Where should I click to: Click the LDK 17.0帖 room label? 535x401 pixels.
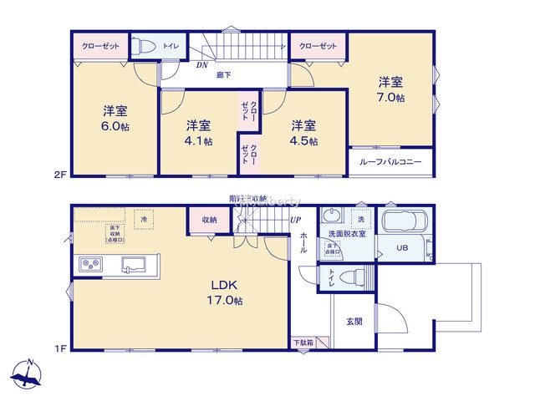tap(227, 292)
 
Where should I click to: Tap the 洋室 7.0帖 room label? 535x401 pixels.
tap(390, 89)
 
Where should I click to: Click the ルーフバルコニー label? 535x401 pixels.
tap(391, 162)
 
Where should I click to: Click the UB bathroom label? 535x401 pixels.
tap(402, 247)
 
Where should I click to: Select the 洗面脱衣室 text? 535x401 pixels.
tap(344, 234)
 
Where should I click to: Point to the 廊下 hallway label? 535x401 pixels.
tap(223, 76)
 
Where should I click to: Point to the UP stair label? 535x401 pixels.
tap(294, 220)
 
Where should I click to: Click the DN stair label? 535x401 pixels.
tap(201, 64)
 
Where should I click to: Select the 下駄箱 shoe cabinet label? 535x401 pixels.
tap(303, 343)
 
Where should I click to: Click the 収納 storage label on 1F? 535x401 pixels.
tap(209, 220)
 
